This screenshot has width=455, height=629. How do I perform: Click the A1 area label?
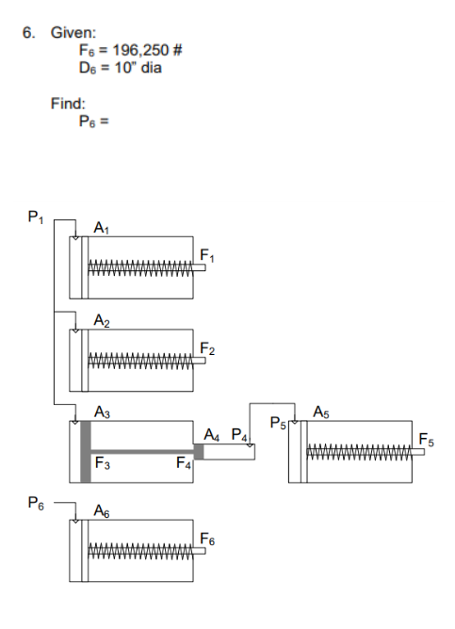(101, 227)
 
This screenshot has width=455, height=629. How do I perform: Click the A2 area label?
(101, 320)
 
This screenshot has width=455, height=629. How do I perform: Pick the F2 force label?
(207, 350)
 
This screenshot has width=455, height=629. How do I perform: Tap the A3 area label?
(101, 411)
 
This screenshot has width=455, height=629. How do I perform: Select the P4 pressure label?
(240, 435)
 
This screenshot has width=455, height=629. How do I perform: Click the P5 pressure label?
(278, 421)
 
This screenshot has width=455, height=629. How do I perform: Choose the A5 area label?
(323, 411)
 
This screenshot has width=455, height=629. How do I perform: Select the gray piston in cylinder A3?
(86, 452)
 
